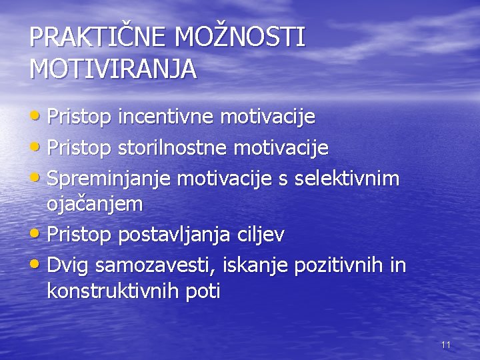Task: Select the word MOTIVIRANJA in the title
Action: (113, 69)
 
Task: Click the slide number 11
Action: (446, 345)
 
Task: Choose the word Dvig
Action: (69, 265)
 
